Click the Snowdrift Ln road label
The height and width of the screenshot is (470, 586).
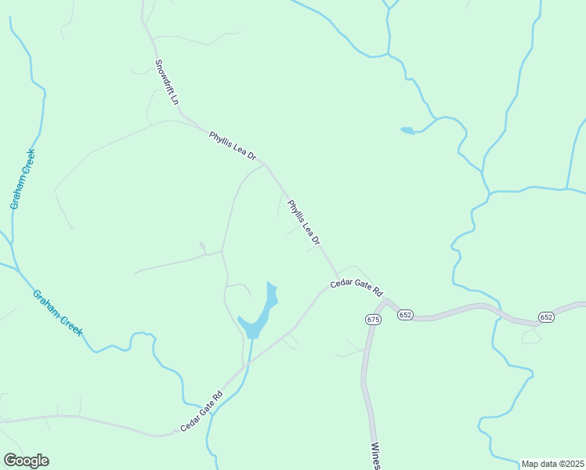(x=167, y=82)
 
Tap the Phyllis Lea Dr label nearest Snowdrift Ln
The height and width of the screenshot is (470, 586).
(x=233, y=146)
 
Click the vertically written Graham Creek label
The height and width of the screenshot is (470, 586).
(x=24, y=179)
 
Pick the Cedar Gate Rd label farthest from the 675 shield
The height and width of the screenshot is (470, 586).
(x=201, y=411)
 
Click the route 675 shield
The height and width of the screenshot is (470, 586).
(x=372, y=319)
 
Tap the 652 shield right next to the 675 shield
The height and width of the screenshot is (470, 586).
(x=405, y=314)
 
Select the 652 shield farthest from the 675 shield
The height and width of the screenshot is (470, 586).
(x=546, y=316)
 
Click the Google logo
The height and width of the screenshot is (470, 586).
(x=26, y=461)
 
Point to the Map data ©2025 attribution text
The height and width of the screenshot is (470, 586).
(x=552, y=464)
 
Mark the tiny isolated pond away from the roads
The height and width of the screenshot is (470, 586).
(x=407, y=130)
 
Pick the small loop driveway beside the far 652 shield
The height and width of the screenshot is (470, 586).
(x=531, y=336)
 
